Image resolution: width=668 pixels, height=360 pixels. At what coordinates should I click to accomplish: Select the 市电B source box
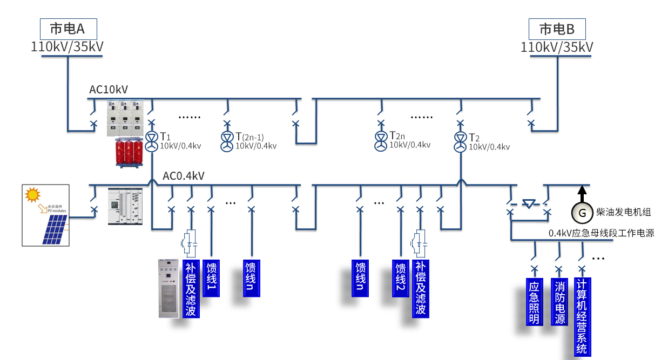coord(557,29)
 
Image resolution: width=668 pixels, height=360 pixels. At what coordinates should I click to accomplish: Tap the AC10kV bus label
coord(109,90)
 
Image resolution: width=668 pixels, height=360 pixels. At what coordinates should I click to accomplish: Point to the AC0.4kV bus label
coord(184,176)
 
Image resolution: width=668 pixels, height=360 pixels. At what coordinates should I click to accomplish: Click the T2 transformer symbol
coord(460,139)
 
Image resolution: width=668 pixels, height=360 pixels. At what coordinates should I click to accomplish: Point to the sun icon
coord(33,194)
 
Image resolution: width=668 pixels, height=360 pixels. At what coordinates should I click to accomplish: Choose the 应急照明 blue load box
coord(534,302)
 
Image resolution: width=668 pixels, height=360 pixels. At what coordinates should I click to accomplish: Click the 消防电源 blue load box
coord(559,302)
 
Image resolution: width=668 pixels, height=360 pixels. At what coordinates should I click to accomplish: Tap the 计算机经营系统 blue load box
coord(582,316)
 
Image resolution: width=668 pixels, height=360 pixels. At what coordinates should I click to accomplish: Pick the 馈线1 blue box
coord(211,279)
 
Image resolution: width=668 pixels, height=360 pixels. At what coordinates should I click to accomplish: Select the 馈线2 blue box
coord(400,279)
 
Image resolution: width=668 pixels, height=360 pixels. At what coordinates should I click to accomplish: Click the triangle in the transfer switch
coord(529,204)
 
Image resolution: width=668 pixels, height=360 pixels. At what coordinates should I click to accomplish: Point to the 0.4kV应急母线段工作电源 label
coord(601,233)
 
